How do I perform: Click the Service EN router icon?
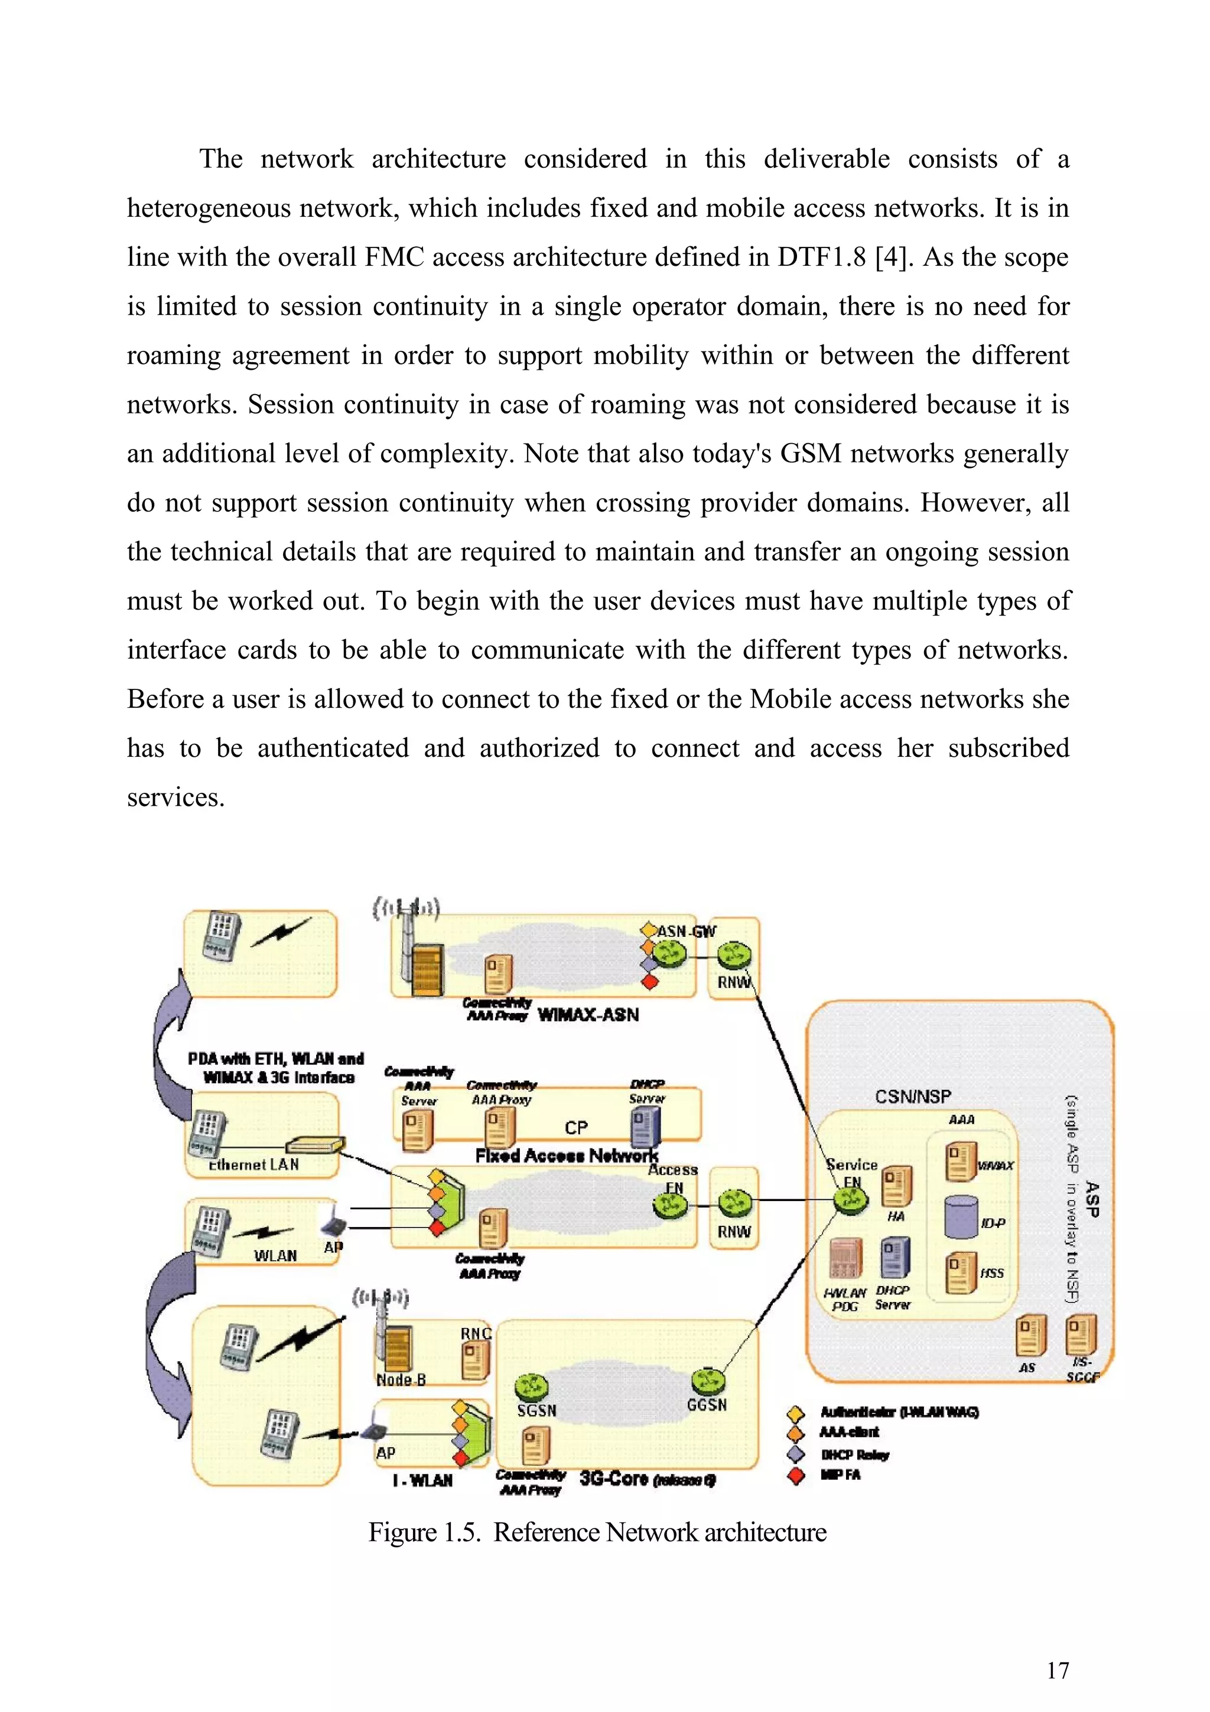[x=851, y=1199]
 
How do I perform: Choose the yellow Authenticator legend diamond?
[x=796, y=1413]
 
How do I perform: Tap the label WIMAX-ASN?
[x=588, y=1015]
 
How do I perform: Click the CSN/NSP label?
[x=913, y=1096]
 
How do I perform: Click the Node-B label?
[x=401, y=1379]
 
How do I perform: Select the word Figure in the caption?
[x=402, y=1548]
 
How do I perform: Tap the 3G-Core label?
[x=614, y=1478]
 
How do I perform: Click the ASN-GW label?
[x=686, y=931]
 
